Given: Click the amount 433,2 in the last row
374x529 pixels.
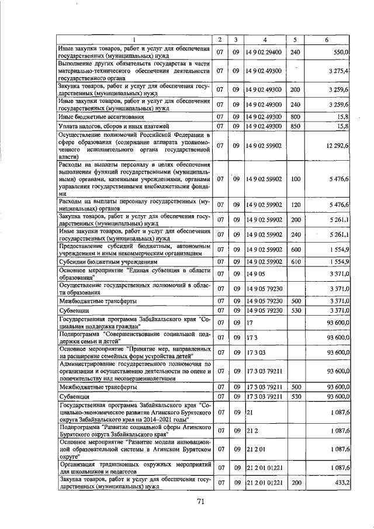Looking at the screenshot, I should pyautogui.click(x=340, y=485).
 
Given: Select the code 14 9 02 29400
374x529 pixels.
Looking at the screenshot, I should pyautogui.click(x=265, y=53).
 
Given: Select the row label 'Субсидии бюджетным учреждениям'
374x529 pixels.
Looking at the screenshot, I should pyautogui.click(x=104, y=262).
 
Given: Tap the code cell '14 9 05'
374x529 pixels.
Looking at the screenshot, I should pyautogui.click(x=255, y=273).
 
